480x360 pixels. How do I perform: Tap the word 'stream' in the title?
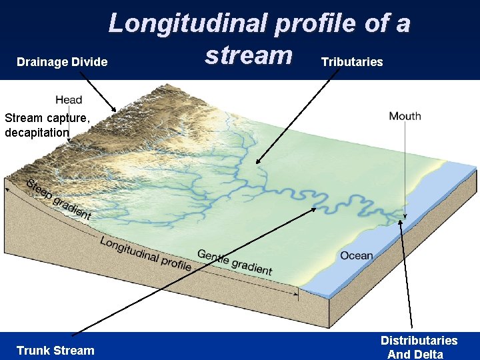248,55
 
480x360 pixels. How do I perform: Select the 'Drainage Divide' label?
62,62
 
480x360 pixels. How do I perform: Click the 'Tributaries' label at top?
352,62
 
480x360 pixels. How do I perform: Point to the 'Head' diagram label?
69,100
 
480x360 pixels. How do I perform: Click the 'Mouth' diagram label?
405,116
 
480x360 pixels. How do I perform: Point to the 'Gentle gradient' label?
235,262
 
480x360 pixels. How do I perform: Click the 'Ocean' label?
357,255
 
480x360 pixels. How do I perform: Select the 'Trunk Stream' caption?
55,350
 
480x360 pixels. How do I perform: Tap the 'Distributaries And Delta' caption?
419,347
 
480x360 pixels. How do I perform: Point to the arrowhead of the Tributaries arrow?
257,161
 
